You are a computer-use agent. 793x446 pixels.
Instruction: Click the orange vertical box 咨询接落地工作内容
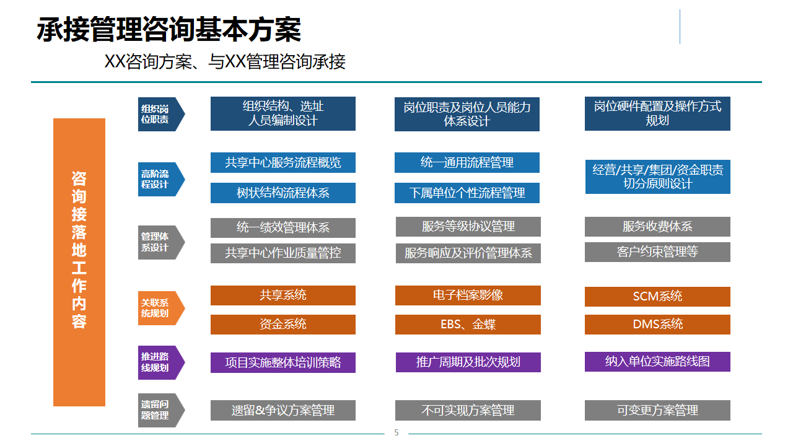(79, 262)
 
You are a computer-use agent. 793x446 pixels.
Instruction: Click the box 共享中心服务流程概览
(283, 163)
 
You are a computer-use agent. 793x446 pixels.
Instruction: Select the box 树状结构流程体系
(283, 193)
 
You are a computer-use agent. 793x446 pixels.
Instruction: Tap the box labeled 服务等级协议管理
(468, 227)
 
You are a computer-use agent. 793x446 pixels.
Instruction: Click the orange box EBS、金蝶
(468, 324)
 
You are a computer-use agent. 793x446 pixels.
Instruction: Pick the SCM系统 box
(657, 296)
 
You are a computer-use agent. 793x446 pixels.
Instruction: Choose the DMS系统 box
(657, 324)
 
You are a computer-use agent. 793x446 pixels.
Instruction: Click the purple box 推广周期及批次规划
(468, 362)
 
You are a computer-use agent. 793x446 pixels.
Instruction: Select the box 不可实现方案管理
(468, 410)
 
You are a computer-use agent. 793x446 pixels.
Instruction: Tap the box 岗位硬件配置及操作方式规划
(657, 113)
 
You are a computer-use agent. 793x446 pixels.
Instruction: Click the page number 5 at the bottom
(396, 432)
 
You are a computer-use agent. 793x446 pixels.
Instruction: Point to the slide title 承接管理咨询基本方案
(169, 30)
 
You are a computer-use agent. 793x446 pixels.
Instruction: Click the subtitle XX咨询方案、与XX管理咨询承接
(225, 62)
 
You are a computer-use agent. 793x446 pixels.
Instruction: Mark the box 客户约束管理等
(657, 252)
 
